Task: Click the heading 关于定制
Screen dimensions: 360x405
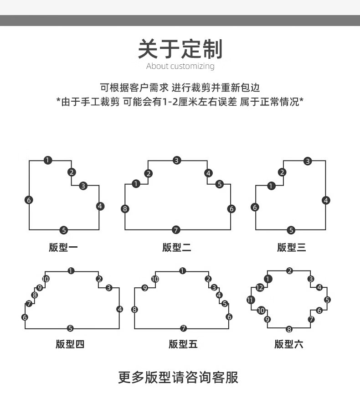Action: point(180,49)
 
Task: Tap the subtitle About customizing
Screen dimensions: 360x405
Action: point(180,66)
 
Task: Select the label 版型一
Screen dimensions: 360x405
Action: point(63,248)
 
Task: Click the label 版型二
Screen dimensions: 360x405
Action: point(177,248)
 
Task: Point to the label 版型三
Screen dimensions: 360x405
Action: point(292,248)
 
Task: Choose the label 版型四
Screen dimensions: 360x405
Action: point(70,344)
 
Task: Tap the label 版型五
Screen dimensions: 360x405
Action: point(183,344)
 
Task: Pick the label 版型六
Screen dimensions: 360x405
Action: point(289,344)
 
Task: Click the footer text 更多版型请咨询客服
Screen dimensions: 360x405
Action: point(178,377)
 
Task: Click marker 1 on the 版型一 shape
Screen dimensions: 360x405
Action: point(48,160)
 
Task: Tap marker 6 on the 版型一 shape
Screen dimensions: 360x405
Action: point(29,200)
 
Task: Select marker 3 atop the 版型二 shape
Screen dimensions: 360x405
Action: point(176,161)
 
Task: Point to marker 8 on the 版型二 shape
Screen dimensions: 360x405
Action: point(125,209)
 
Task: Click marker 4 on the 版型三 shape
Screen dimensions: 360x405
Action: point(326,200)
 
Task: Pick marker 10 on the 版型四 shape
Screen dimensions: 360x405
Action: point(46,279)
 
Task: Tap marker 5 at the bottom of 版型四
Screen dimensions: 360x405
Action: point(70,328)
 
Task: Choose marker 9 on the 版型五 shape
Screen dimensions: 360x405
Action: point(145,288)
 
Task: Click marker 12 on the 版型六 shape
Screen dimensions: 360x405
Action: point(260,287)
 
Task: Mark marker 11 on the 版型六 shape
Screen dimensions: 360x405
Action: point(251,300)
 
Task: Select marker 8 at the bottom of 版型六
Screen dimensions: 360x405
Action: point(289,329)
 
